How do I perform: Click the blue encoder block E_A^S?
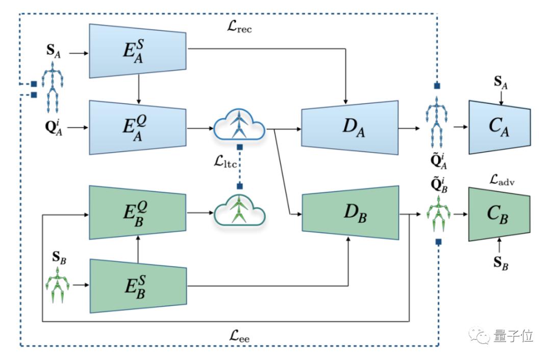pos(138,51)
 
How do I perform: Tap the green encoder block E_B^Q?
pos(138,212)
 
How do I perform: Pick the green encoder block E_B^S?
pos(138,285)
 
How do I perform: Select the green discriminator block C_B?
pos(500,213)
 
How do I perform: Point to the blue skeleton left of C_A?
pos(437,118)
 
